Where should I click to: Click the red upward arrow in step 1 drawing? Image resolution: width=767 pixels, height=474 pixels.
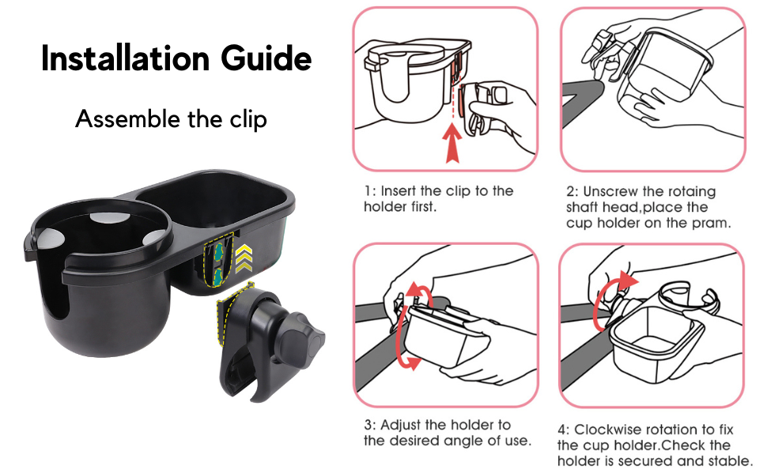tap(452, 145)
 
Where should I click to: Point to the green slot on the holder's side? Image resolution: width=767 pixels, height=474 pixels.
tap(214, 264)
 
